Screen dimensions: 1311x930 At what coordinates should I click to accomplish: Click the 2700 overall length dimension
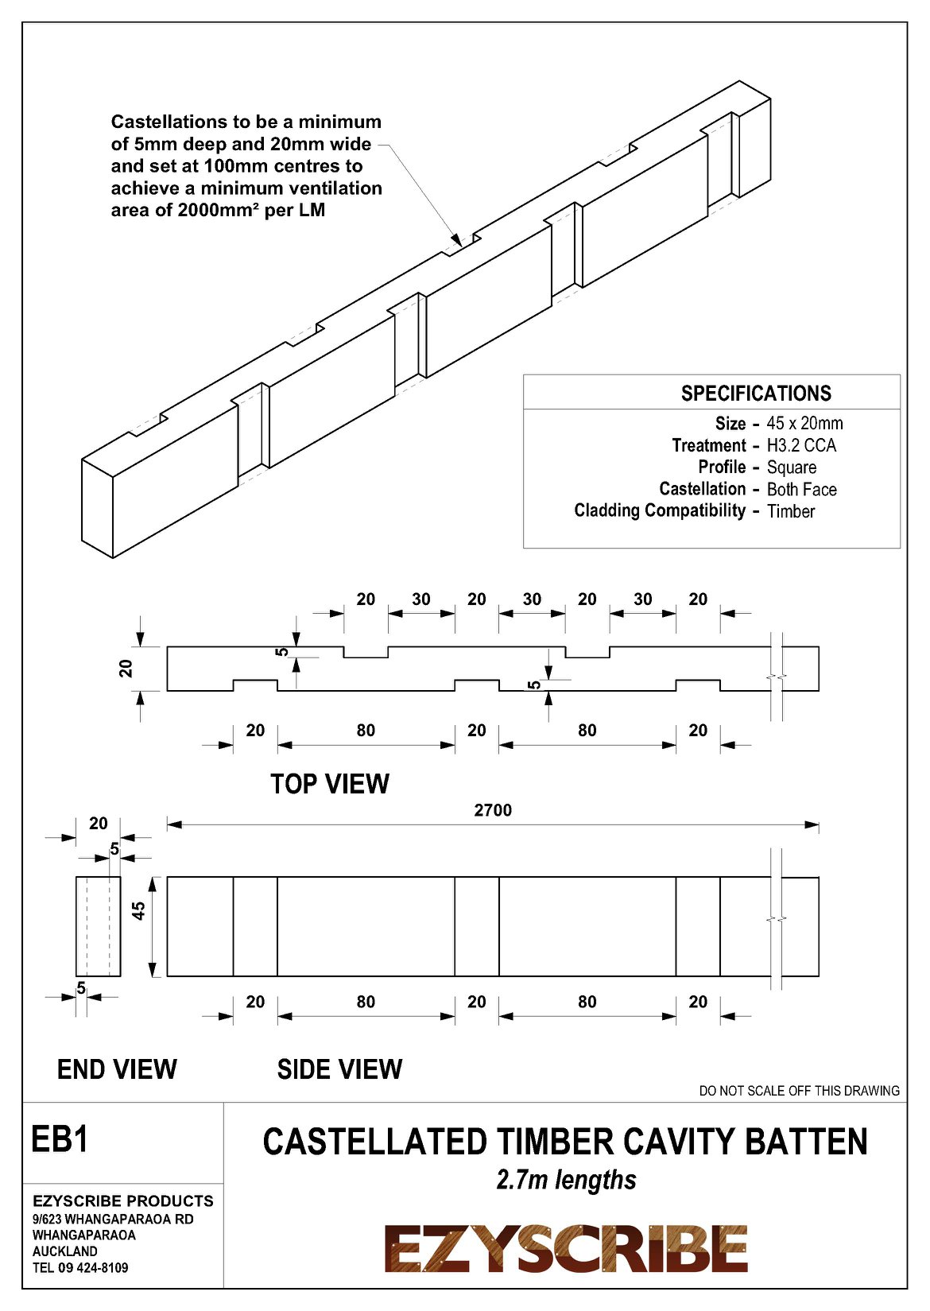coord(493,810)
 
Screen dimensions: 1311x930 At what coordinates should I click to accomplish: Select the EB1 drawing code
coord(60,1139)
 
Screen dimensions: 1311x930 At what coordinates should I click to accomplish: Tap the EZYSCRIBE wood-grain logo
coord(566,1248)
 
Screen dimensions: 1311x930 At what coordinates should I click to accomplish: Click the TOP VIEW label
coord(330,784)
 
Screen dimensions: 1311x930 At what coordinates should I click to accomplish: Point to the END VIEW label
coord(117,1069)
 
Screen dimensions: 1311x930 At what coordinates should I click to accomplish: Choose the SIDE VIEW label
coord(339,1069)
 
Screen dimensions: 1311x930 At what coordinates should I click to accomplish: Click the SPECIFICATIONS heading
coord(756,393)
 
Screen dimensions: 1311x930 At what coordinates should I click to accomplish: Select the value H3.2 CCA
coord(801,445)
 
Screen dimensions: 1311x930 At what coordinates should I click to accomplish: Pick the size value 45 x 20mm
coord(804,423)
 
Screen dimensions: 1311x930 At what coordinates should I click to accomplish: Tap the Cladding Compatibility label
coord(660,510)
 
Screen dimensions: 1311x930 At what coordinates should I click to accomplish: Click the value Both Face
coord(801,489)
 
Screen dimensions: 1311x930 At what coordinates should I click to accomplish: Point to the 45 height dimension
coord(139,911)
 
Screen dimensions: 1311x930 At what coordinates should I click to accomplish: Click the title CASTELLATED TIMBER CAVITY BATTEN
coord(565,1142)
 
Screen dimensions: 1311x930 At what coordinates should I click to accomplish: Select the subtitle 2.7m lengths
coord(566,1180)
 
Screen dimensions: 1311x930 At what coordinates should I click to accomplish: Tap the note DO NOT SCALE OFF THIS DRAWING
coord(799,1091)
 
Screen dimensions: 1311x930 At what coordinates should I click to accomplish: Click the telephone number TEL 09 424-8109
coord(80,1267)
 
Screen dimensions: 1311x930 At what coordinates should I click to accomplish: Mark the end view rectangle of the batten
coord(99,926)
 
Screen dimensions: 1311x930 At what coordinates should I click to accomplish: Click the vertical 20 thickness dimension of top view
coord(126,668)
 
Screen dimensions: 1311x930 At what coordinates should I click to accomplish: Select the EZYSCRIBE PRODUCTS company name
coord(123,1200)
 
